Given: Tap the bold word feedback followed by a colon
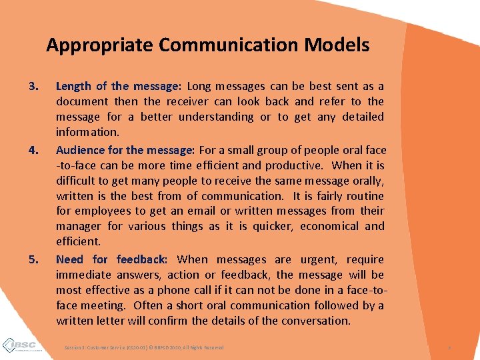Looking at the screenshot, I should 142,259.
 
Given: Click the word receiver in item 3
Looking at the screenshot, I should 188,102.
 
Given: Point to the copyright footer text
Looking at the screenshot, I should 144,348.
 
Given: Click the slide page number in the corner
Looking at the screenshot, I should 451,348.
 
